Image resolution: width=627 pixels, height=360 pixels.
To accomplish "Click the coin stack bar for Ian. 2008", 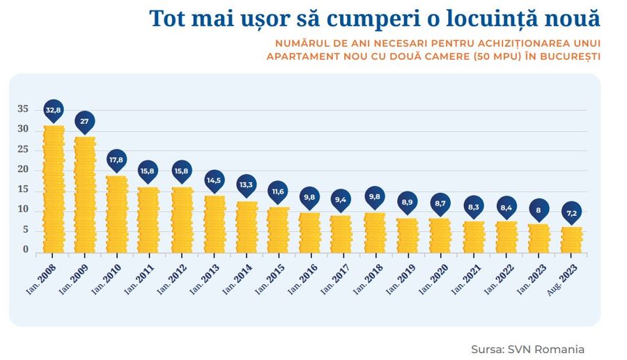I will pyautogui.click(x=54, y=189).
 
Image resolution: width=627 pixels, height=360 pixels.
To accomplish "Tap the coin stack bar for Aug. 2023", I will pyautogui.click(x=571, y=239).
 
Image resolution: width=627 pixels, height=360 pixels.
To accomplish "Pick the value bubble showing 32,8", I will pyautogui.click(x=54, y=110).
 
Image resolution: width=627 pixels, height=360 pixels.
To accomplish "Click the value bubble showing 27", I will pyautogui.click(x=85, y=121).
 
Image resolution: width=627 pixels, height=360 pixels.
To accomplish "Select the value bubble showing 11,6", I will pyautogui.click(x=278, y=191).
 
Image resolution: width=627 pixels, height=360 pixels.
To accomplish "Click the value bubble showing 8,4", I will pyautogui.click(x=506, y=207).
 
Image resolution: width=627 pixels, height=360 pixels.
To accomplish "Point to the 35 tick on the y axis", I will pyautogui.click(x=23, y=109).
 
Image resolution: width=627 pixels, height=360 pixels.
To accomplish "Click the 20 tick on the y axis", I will pyautogui.click(x=23, y=169).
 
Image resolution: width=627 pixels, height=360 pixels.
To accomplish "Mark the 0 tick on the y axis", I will pyautogui.click(x=26, y=249).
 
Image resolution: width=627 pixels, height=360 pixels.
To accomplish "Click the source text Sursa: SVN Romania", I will pyautogui.click(x=527, y=349).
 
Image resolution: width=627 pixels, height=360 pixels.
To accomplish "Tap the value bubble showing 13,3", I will pyautogui.click(x=246, y=185).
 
